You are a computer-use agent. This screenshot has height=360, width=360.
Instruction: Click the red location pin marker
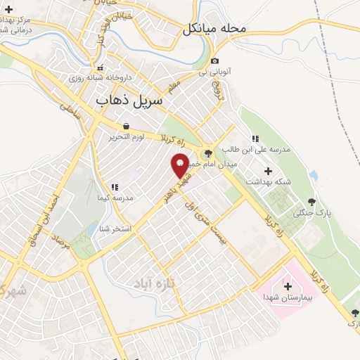click(180, 166)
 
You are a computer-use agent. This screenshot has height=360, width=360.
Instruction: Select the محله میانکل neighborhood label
click(215, 30)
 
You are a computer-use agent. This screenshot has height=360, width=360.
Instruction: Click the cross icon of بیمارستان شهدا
click(288, 286)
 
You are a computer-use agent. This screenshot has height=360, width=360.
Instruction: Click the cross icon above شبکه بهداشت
click(267, 170)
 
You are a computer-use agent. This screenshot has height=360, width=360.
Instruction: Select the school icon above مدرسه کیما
click(114, 188)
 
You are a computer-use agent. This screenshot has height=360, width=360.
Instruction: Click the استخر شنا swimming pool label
click(114, 229)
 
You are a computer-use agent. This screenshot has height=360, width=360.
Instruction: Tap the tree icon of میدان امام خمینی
click(207, 153)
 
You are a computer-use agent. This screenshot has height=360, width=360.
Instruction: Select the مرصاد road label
click(63, 247)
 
